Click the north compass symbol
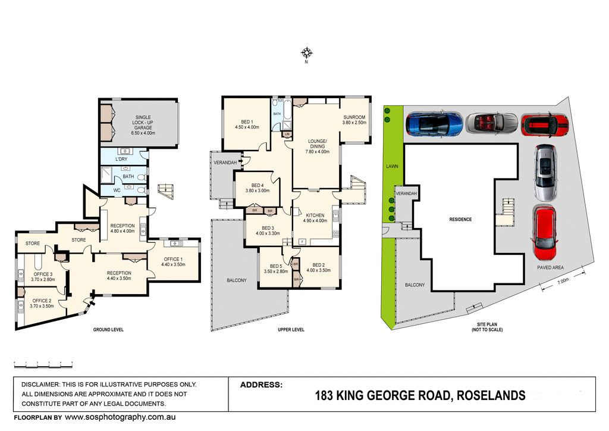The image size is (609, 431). (306, 53)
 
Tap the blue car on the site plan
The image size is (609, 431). (434, 123)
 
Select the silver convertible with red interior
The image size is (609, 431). (491, 123)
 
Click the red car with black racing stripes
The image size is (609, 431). (545, 124)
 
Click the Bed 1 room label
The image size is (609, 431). (247, 124)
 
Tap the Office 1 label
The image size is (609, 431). (173, 261)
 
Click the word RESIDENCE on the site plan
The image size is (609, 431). (460, 219)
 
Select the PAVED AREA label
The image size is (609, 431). (550, 267)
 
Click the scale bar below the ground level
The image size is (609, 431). (43, 363)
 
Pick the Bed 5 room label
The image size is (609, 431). (275, 268)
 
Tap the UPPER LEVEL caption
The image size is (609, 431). (291, 329)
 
